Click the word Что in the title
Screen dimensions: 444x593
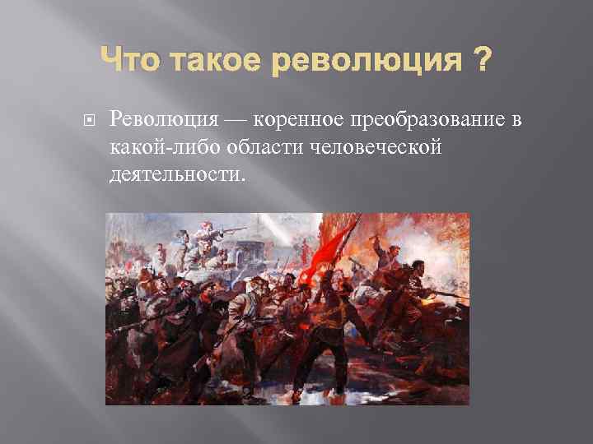coord(125,60)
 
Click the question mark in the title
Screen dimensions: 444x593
coord(480,60)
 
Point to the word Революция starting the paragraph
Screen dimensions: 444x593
coord(159,120)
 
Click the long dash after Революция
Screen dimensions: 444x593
coord(235,121)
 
